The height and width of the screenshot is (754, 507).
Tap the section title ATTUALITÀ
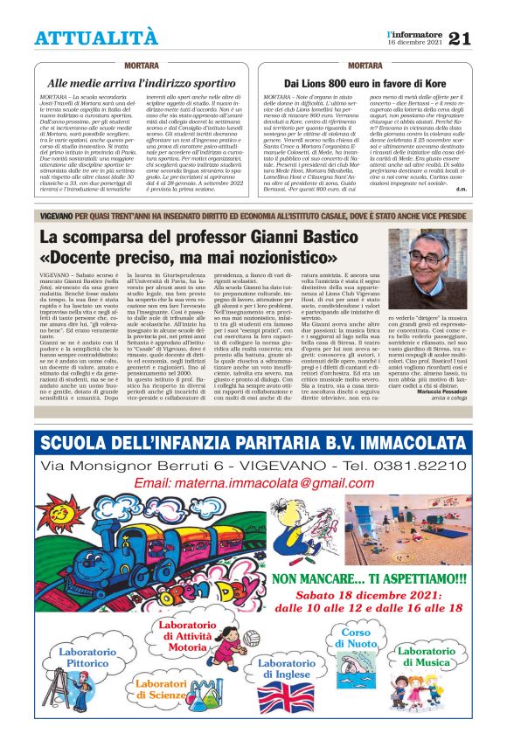click(97, 38)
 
